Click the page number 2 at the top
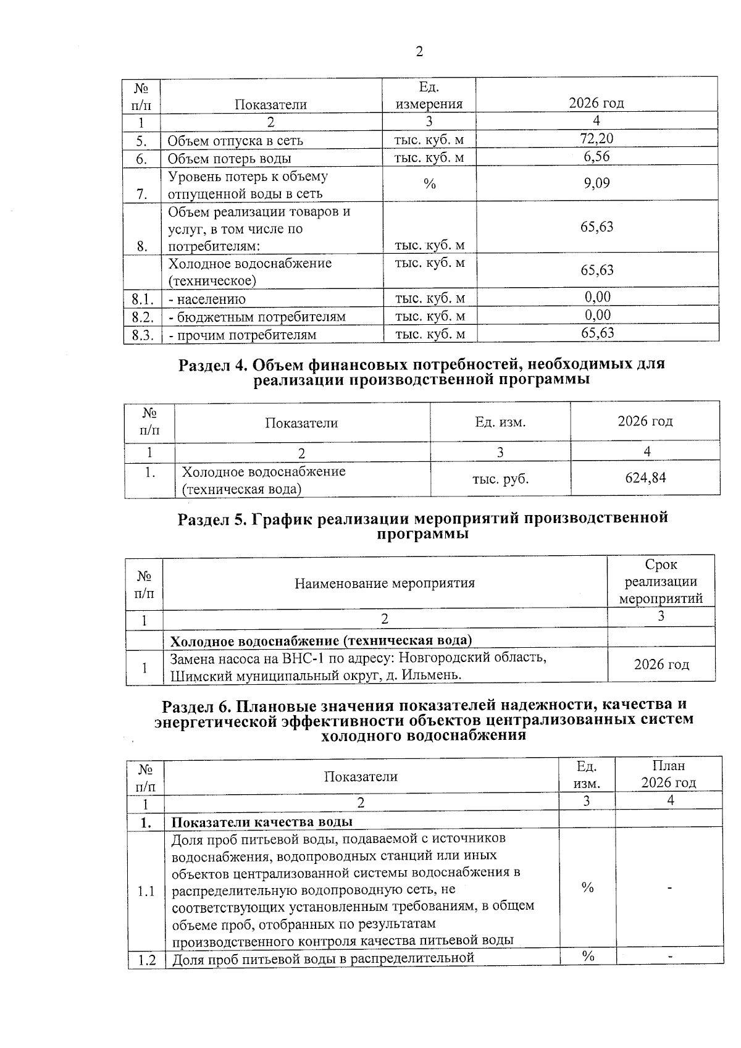pyautogui.click(x=419, y=52)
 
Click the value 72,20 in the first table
pyautogui.click(x=597, y=138)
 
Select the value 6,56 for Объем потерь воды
pyautogui.click(x=597, y=156)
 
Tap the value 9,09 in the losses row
pyautogui.click(x=597, y=183)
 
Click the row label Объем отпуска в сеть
pyautogui.click(x=235, y=140)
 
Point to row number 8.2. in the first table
pyautogui.click(x=142, y=317)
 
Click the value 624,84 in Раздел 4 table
pyautogui.click(x=645, y=477)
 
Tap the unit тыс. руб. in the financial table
pyautogui.click(x=500, y=479)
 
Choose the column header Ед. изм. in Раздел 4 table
pyautogui.click(x=500, y=422)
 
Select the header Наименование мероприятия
pyautogui.click(x=384, y=583)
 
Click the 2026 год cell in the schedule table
pyautogui.click(x=661, y=664)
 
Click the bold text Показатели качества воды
pyautogui.click(x=262, y=822)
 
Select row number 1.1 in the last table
pyautogui.click(x=146, y=892)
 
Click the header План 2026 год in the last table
pyautogui.click(x=668, y=774)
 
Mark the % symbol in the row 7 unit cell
pyautogui.click(x=430, y=184)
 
